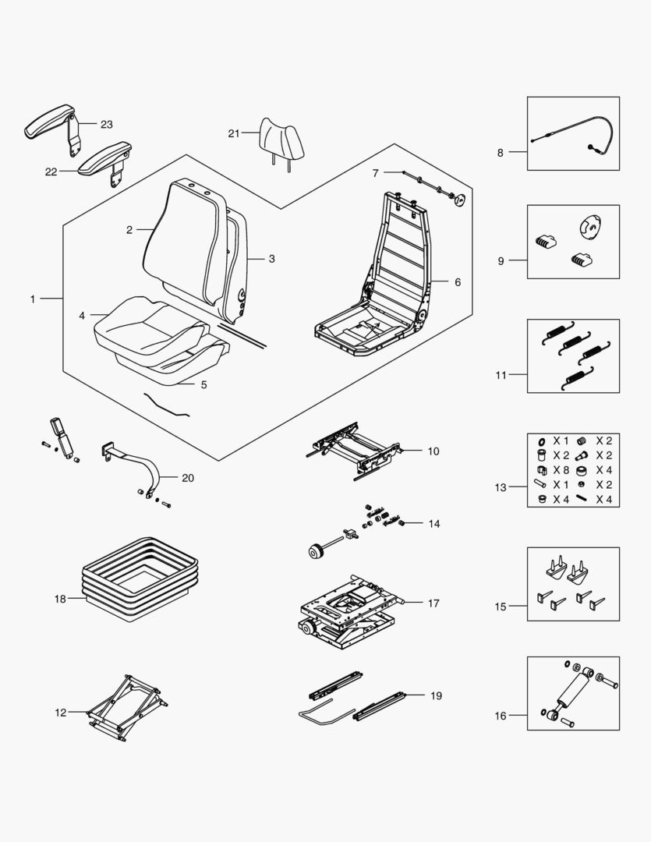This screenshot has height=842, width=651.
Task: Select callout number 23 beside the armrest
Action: click(107, 124)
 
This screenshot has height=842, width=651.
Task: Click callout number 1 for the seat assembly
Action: click(33, 299)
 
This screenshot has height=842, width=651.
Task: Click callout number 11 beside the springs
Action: click(501, 375)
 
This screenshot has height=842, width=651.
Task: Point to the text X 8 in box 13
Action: click(561, 470)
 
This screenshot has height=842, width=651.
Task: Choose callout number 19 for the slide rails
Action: click(435, 695)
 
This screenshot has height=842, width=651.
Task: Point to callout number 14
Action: click(434, 524)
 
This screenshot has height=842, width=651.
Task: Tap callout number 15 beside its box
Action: click(501, 606)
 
